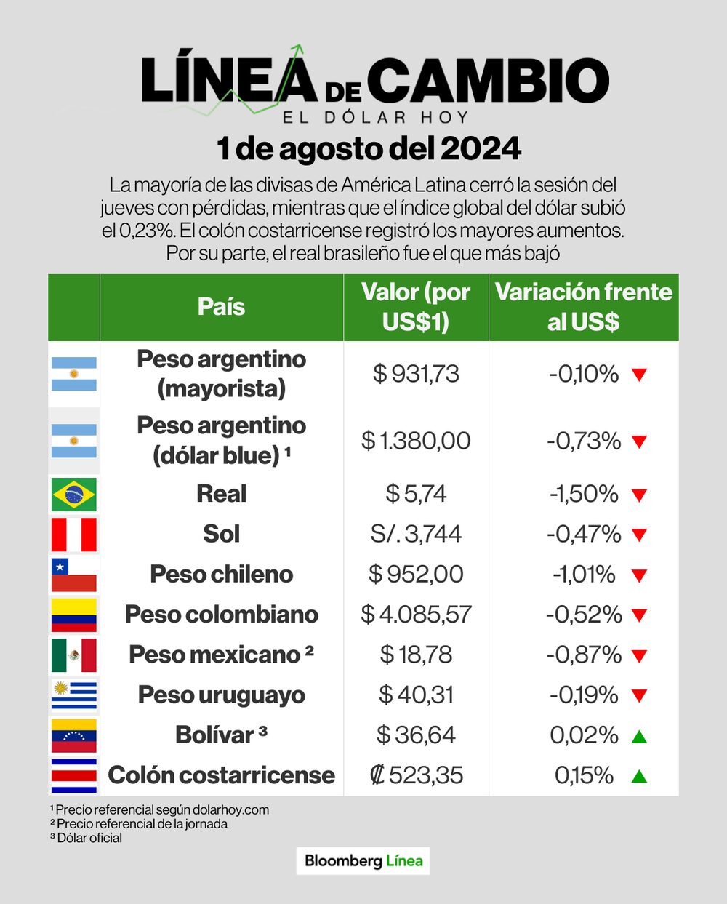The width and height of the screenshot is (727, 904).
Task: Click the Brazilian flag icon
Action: click(74, 495)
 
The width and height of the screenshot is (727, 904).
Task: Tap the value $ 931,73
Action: click(416, 374)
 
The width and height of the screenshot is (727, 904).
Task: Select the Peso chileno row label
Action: click(221, 574)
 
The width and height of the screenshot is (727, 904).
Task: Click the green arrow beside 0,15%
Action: click(639, 776)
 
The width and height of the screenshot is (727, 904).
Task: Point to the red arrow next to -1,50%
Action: click(639, 495)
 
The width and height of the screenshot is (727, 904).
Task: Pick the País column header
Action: click(221, 307)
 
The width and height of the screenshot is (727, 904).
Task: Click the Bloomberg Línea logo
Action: click(363, 861)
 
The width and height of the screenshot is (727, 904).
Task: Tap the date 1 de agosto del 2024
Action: click(369, 149)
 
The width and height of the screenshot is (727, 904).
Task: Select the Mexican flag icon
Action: click(74, 655)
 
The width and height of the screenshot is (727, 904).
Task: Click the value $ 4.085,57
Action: click(416, 615)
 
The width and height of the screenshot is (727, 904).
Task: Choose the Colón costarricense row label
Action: click(221, 775)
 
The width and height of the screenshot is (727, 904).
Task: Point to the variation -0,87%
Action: click(584, 655)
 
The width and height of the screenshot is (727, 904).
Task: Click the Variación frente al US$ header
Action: click(583, 307)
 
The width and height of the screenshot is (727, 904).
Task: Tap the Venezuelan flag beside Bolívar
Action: click(74, 735)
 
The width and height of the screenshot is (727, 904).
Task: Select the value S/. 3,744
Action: click(416, 534)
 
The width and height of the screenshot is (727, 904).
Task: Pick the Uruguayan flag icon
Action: click(74, 695)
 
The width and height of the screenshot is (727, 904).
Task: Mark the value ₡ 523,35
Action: click(416, 775)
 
